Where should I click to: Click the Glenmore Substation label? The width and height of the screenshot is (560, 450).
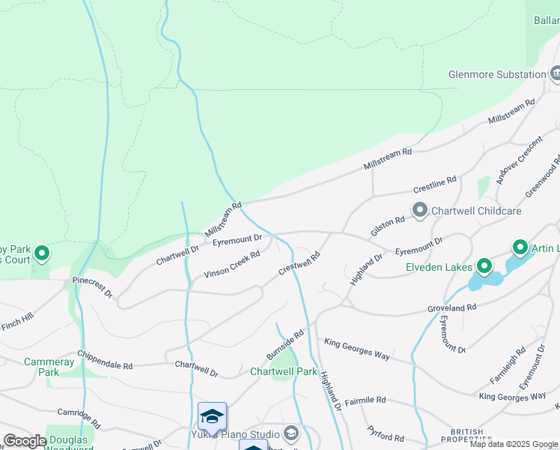click(496, 74)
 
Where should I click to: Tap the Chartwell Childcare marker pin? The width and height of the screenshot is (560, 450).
click(419, 211)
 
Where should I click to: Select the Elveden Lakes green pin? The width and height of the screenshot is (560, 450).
click(484, 266)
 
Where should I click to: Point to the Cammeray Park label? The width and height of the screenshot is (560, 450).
click(49, 367)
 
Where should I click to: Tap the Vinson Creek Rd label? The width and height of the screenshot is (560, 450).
click(232, 265)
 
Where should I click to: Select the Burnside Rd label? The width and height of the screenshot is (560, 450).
click(285, 344)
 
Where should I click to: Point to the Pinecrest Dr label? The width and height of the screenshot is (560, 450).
click(92, 285)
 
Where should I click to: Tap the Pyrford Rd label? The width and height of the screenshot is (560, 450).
click(386, 433)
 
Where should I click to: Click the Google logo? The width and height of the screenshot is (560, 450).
click(25, 441)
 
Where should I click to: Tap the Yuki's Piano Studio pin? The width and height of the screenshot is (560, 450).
click(290, 433)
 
